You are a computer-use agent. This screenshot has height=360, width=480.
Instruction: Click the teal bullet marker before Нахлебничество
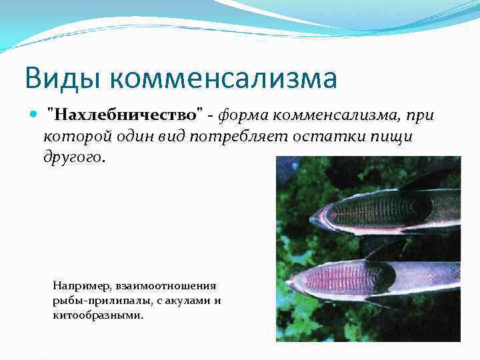34,115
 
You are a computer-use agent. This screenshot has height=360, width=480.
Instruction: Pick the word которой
73,137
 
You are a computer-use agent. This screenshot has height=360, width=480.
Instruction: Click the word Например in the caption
81,285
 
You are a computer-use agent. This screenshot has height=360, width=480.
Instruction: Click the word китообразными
97,315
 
